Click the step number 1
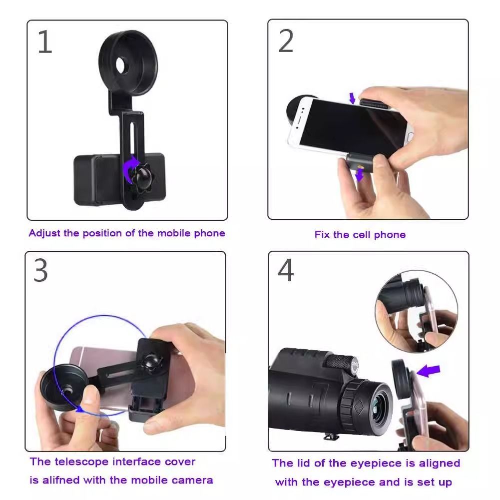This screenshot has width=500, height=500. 45,42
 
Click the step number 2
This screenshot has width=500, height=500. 286,41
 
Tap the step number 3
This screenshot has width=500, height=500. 41,270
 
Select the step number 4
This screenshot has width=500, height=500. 286,270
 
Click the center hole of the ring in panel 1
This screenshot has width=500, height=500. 121,65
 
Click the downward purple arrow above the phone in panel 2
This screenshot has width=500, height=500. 352,98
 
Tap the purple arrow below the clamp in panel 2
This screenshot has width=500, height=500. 360,175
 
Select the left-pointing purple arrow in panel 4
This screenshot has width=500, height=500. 429,371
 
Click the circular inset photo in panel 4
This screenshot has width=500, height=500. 417,311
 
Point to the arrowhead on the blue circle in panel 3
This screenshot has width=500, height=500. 78,409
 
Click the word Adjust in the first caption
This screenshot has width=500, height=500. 44,233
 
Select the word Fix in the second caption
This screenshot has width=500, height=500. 322,235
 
